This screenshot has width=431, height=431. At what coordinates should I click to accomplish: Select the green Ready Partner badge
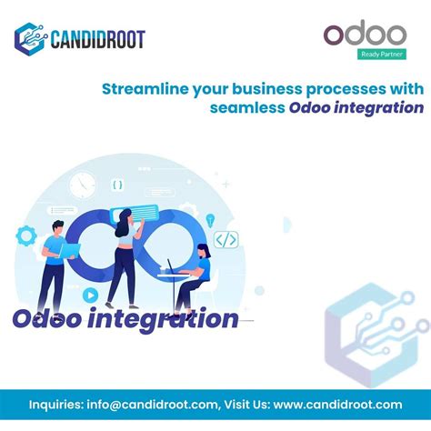pyautogui.click(x=381, y=53)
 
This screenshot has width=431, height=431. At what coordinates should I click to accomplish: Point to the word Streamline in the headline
pyautogui.click(x=137, y=88)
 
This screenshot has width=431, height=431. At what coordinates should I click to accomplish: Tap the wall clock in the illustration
pyautogui.click(x=82, y=185)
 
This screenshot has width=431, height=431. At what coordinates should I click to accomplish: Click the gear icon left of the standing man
pyautogui.click(x=26, y=235)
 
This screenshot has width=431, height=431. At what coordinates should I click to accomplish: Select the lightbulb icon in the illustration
pyautogui.click(x=211, y=219)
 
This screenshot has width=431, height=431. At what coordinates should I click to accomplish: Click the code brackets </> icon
pyautogui.click(x=226, y=240)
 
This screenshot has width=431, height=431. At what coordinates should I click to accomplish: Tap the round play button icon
pyautogui.click(x=91, y=295)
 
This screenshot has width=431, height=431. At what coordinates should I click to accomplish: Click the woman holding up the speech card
pyautogui.click(x=124, y=255)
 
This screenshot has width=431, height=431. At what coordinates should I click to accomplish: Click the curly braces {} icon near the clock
pyautogui.click(x=117, y=185)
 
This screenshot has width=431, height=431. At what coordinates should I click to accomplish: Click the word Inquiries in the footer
pyautogui.click(x=57, y=405)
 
